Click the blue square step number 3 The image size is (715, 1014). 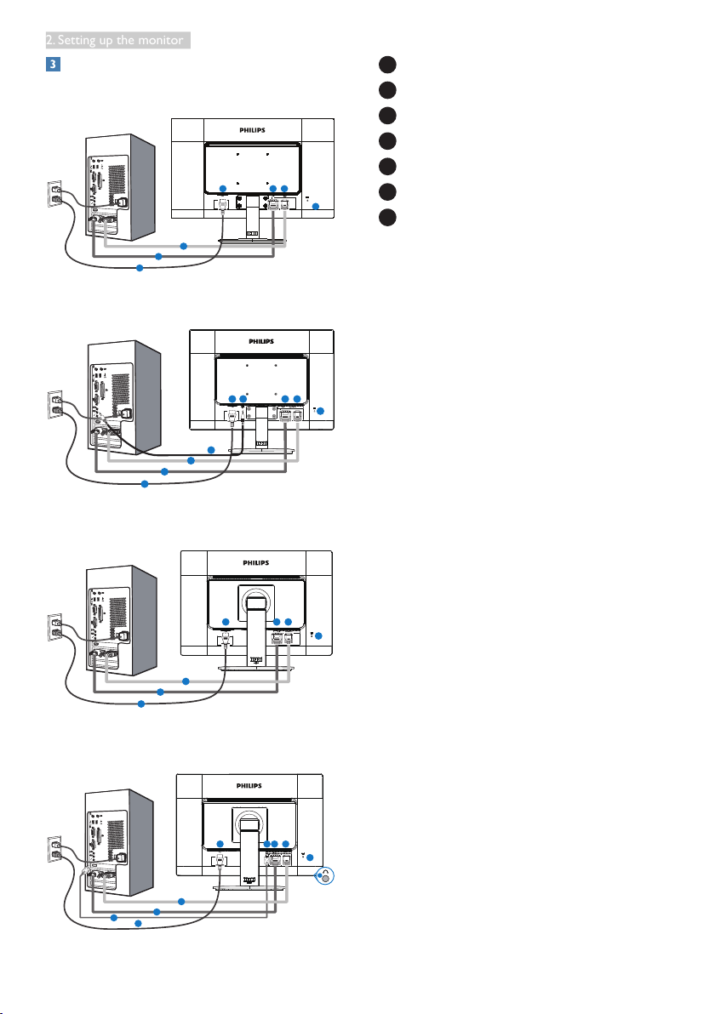(53, 64)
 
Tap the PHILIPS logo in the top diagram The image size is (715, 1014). (252, 130)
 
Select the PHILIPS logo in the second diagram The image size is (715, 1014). (261, 341)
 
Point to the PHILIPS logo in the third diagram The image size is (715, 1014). (256, 562)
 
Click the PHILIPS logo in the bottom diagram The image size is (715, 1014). (249, 786)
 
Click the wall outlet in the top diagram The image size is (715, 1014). (55, 194)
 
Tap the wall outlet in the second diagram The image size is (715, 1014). (55, 404)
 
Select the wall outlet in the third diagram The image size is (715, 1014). (55, 627)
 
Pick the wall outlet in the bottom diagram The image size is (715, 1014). (55, 849)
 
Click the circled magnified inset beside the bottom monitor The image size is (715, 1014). (324, 876)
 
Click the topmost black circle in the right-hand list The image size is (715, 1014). (387, 65)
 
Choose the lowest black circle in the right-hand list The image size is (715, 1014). (387, 217)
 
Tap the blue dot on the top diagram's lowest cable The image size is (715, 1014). (140, 268)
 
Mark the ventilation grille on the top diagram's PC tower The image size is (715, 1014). (117, 181)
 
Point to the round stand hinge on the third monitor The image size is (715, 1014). (257, 601)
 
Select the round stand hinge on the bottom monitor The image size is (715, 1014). (249, 823)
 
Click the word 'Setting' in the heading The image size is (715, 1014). (77, 40)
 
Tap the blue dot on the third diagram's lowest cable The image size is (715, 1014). (141, 704)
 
